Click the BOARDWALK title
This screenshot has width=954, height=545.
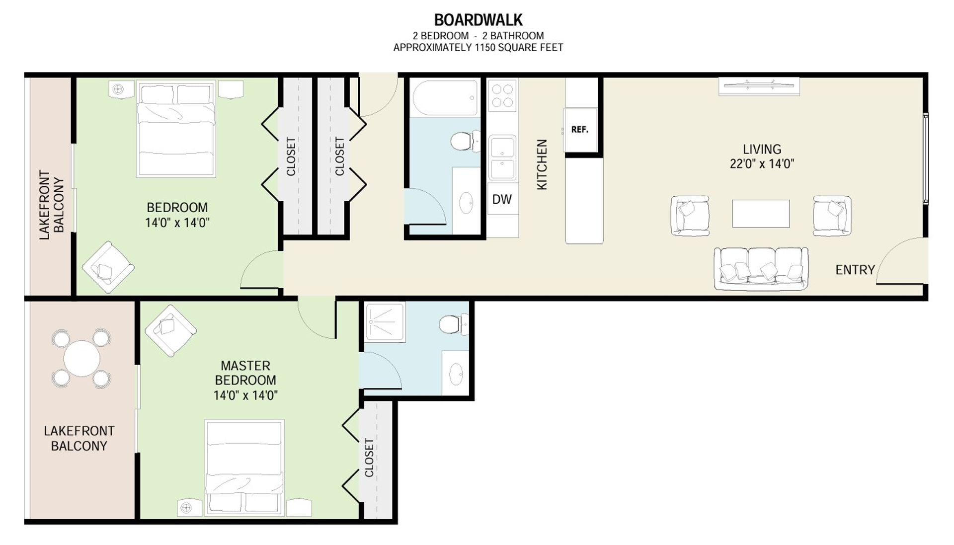pyautogui.click(x=478, y=20)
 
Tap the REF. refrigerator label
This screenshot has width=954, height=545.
pyautogui.click(x=580, y=130)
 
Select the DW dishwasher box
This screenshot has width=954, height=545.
pyautogui.click(x=502, y=199)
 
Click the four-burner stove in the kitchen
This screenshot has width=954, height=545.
pyautogui.click(x=502, y=95)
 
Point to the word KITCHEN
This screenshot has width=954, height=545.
pyautogui.click(x=542, y=164)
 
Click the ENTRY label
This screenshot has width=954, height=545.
pyautogui.click(x=855, y=270)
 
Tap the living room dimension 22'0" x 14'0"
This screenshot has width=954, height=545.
pyautogui.click(x=762, y=164)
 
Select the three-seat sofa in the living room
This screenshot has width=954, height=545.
pyautogui.click(x=761, y=268)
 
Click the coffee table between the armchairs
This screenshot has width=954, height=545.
pyautogui.click(x=761, y=214)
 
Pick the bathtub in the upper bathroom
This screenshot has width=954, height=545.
pyautogui.click(x=445, y=97)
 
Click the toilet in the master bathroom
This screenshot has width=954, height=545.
pyautogui.click(x=454, y=325)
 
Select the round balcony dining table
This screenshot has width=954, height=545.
pyautogui.click(x=81, y=358)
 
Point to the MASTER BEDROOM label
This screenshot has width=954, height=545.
pyautogui.click(x=245, y=373)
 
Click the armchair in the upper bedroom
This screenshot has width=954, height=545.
pyautogui.click(x=108, y=267)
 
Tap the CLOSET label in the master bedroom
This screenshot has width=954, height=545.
pyautogui.click(x=369, y=458)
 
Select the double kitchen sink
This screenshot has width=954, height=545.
pyautogui.click(x=502, y=157)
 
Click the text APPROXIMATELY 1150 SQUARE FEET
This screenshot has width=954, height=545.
pyautogui.click(x=478, y=48)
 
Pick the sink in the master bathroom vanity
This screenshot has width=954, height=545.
pyautogui.click(x=456, y=373)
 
